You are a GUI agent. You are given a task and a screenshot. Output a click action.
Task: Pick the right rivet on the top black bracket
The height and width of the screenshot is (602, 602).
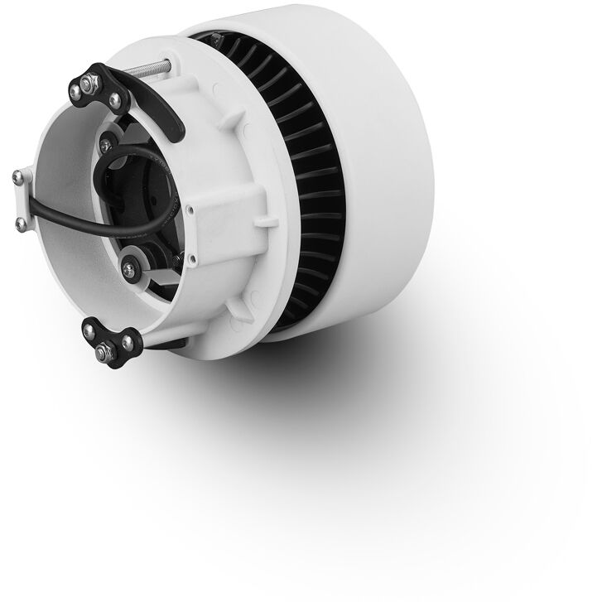tap(114, 100)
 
